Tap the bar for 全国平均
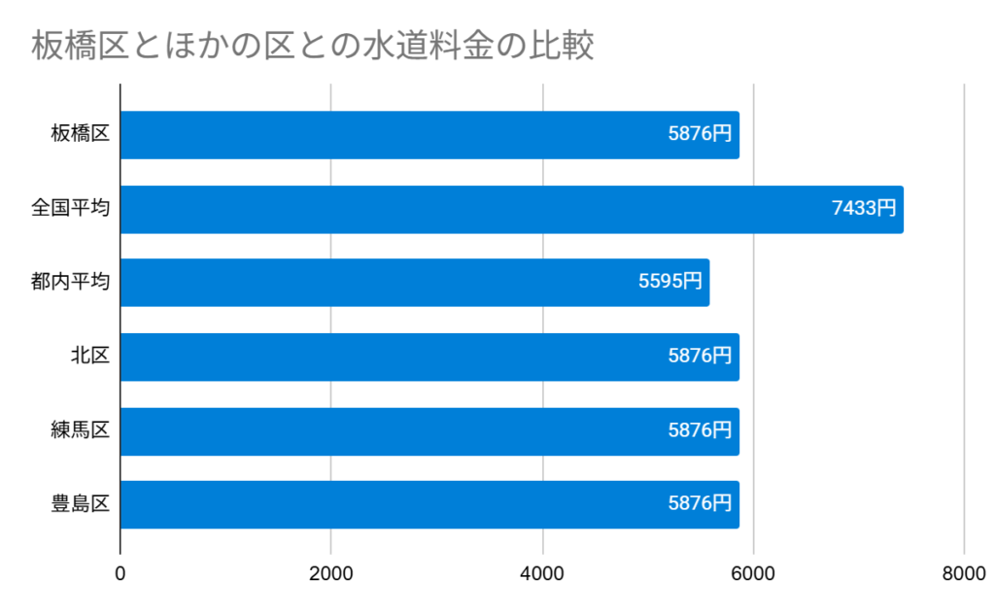coord(511,209)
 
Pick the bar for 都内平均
coord(414,283)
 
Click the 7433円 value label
coord(864,208)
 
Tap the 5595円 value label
coord(669,282)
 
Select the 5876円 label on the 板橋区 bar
coord(700,134)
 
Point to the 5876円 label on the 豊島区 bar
coord(700,503)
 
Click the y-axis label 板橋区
coord(80,135)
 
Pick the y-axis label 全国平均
coord(70,209)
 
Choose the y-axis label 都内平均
coord(70,283)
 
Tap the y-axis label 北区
coord(89,357)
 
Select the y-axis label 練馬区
coord(80,430)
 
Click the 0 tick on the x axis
coord(120,574)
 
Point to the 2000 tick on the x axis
coord(331,574)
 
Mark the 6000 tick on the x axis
coord(753,574)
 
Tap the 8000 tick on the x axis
coord(964,574)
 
